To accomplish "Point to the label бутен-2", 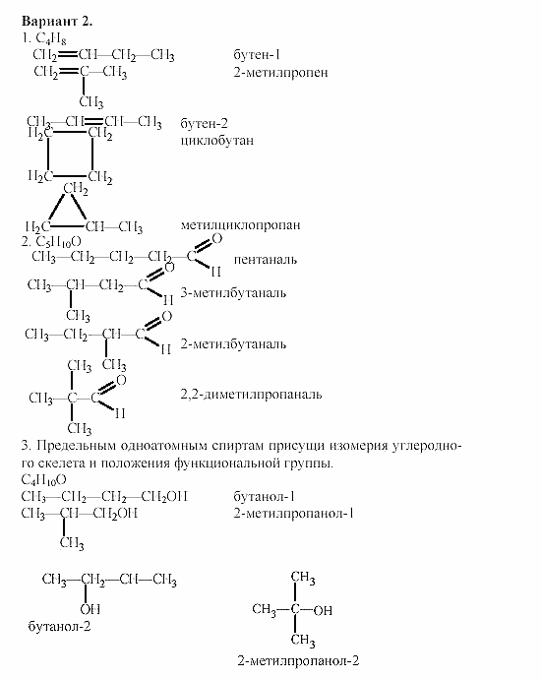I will tap(205, 124).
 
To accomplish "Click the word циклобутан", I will tap(217, 141).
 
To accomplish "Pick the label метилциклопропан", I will tap(240, 225).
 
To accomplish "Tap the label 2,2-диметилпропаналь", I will tap(252, 395).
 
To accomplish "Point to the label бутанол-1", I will tap(266, 497).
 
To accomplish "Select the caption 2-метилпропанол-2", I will tap(296, 661).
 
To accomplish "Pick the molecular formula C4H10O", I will tap(44, 480).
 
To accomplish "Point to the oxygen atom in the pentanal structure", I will tap(217, 239).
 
